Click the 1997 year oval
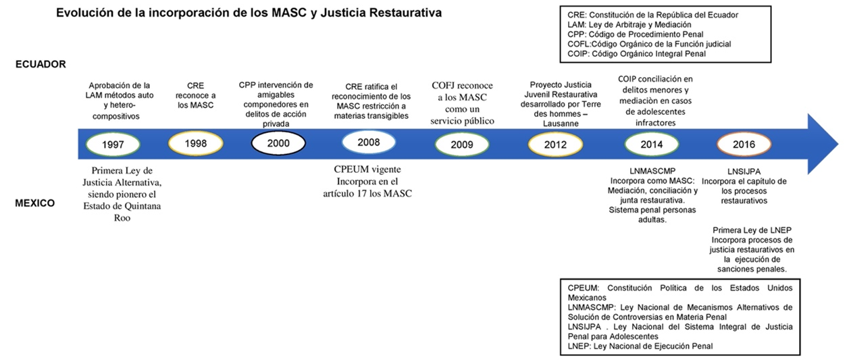point(113,145)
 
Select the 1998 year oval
point(196,144)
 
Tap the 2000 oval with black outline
point(278,143)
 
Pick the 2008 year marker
point(368,142)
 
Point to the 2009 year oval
point(461,145)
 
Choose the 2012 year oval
point(555,145)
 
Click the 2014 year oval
point(652,145)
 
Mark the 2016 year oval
point(744,145)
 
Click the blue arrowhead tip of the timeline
point(838,144)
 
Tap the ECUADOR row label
point(41,64)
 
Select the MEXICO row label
point(35,203)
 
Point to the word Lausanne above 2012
point(561,124)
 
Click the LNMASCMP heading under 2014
point(652,172)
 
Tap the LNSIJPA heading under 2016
point(744,172)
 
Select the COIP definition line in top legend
point(636,54)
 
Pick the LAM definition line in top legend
point(629,24)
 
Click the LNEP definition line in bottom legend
point(640,346)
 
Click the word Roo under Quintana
point(122,218)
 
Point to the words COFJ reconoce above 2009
point(463,86)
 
